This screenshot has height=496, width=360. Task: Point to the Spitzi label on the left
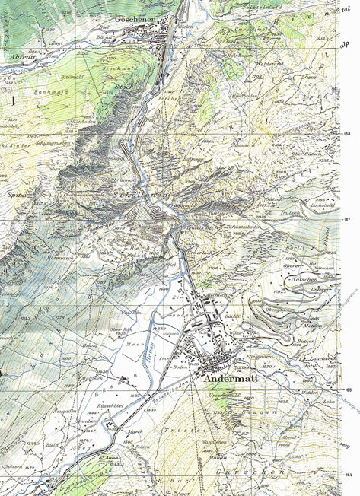coord(14,196)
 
